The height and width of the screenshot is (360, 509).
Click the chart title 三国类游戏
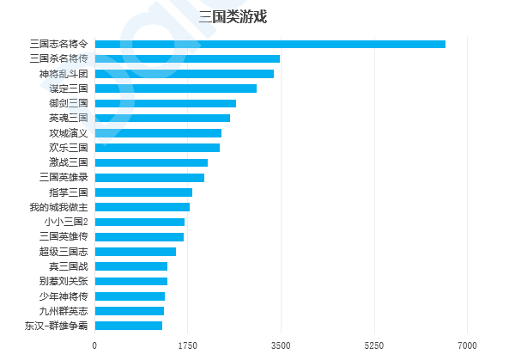[233, 16]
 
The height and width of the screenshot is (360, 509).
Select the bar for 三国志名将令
[270, 44]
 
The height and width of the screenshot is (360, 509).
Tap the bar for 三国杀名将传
[187, 58]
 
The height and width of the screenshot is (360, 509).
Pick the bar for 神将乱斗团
[185, 74]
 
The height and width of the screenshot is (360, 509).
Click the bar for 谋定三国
[176, 88]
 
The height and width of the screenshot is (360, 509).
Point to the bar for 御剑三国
[166, 103]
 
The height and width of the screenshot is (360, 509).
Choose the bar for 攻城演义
[158, 133]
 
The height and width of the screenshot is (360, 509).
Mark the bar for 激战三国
[151, 162]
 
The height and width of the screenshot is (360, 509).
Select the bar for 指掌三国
[143, 192]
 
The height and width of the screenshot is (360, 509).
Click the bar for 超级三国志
[136, 252]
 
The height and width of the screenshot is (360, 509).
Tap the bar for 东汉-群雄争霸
[129, 326]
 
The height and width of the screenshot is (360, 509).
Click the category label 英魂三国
[69, 118]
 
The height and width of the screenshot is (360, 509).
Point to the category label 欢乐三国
[69, 148]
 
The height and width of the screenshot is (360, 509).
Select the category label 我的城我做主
[58, 207]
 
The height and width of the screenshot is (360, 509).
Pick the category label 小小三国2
[66, 222]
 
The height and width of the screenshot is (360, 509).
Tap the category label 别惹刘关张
[64, 281]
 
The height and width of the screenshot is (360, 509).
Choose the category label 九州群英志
[64, 311]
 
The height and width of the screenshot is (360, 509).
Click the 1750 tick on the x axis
[188, 345]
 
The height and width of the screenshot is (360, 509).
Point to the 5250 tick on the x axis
[374, 345]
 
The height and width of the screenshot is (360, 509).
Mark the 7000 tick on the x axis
[468, 345]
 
